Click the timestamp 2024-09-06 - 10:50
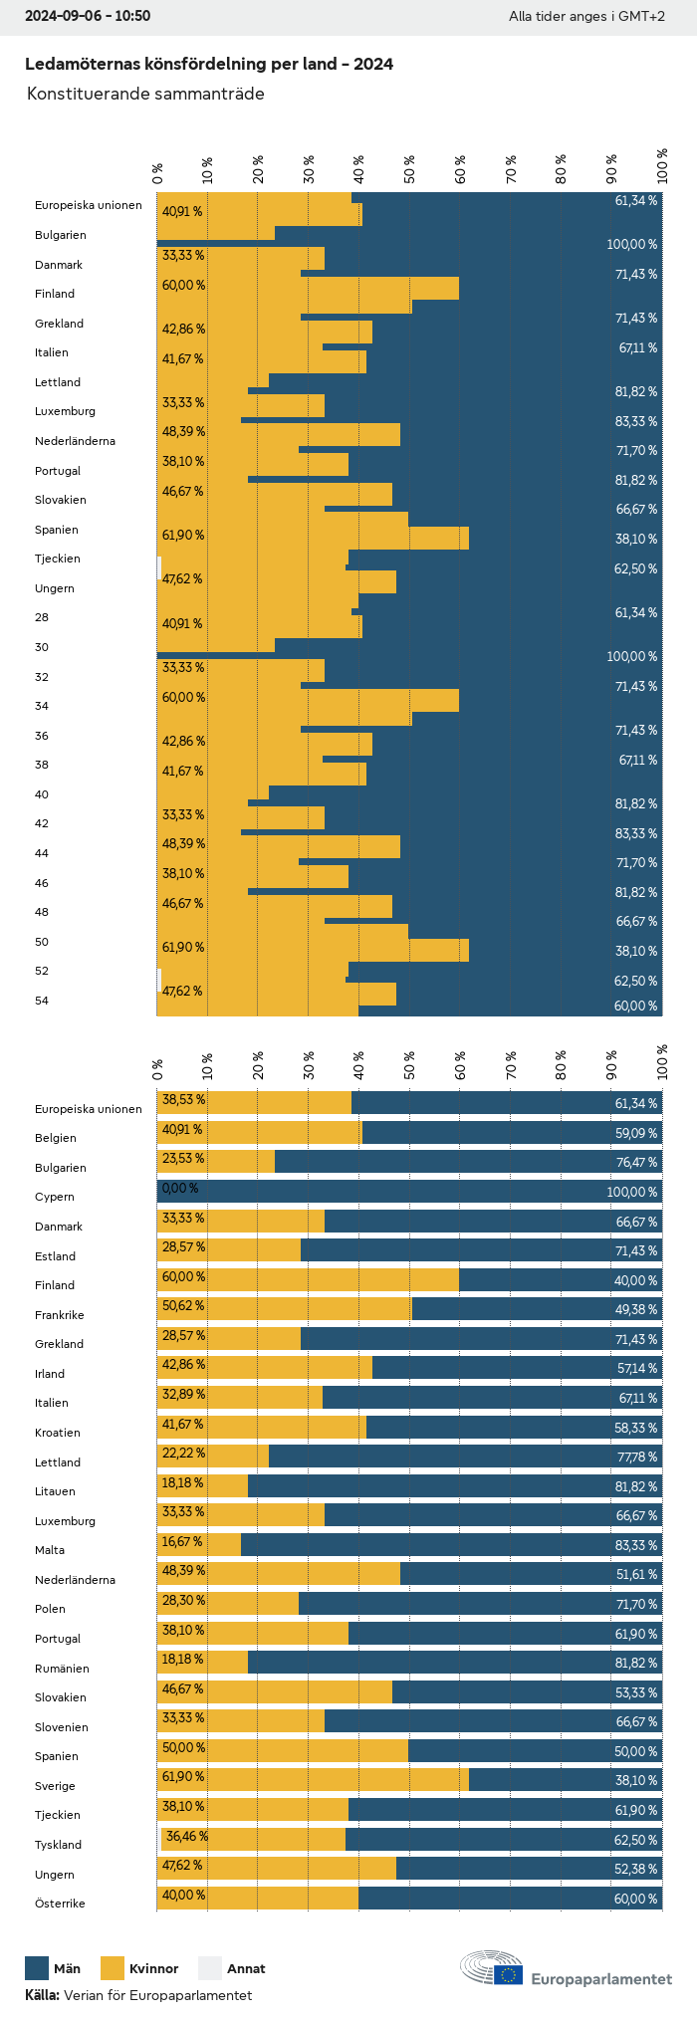88,16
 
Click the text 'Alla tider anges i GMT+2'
586,16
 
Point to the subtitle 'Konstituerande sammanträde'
145,94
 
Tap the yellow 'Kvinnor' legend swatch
113,1967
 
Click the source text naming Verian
138,1994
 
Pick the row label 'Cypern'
55,1197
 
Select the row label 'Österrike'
60,1903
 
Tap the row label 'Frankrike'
60,1314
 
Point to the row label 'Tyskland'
59,1844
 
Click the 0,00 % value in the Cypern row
180,1188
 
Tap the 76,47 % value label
636,1162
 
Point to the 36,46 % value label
186,1835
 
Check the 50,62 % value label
183,1305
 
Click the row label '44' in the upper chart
42,853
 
